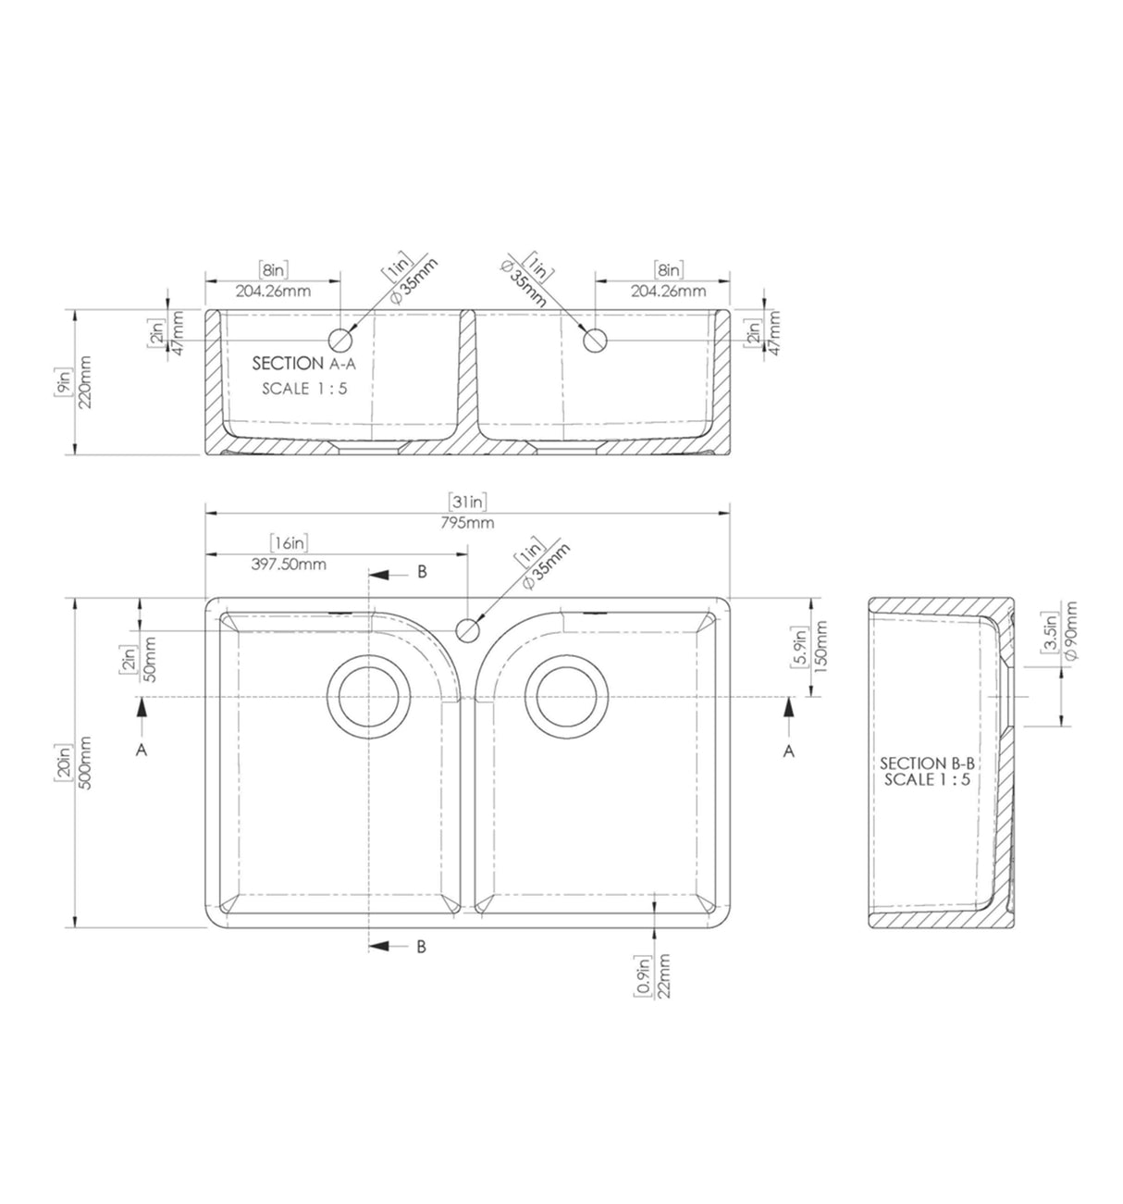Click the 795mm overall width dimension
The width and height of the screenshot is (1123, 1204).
click(x=466, y=522)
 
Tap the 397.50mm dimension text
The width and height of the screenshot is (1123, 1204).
click(x=289, y=565)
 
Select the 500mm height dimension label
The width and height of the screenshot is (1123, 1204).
click(x=85, y=763)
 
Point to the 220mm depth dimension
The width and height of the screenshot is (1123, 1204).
click(x=85, y=382)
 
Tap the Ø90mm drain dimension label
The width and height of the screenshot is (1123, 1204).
click(x=1069, y=630)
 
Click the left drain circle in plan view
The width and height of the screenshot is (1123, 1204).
click(x=368, y=697)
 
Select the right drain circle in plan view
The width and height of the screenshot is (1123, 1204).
click(x=567, y=697)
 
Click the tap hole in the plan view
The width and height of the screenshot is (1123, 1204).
click(x=467, y=630)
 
